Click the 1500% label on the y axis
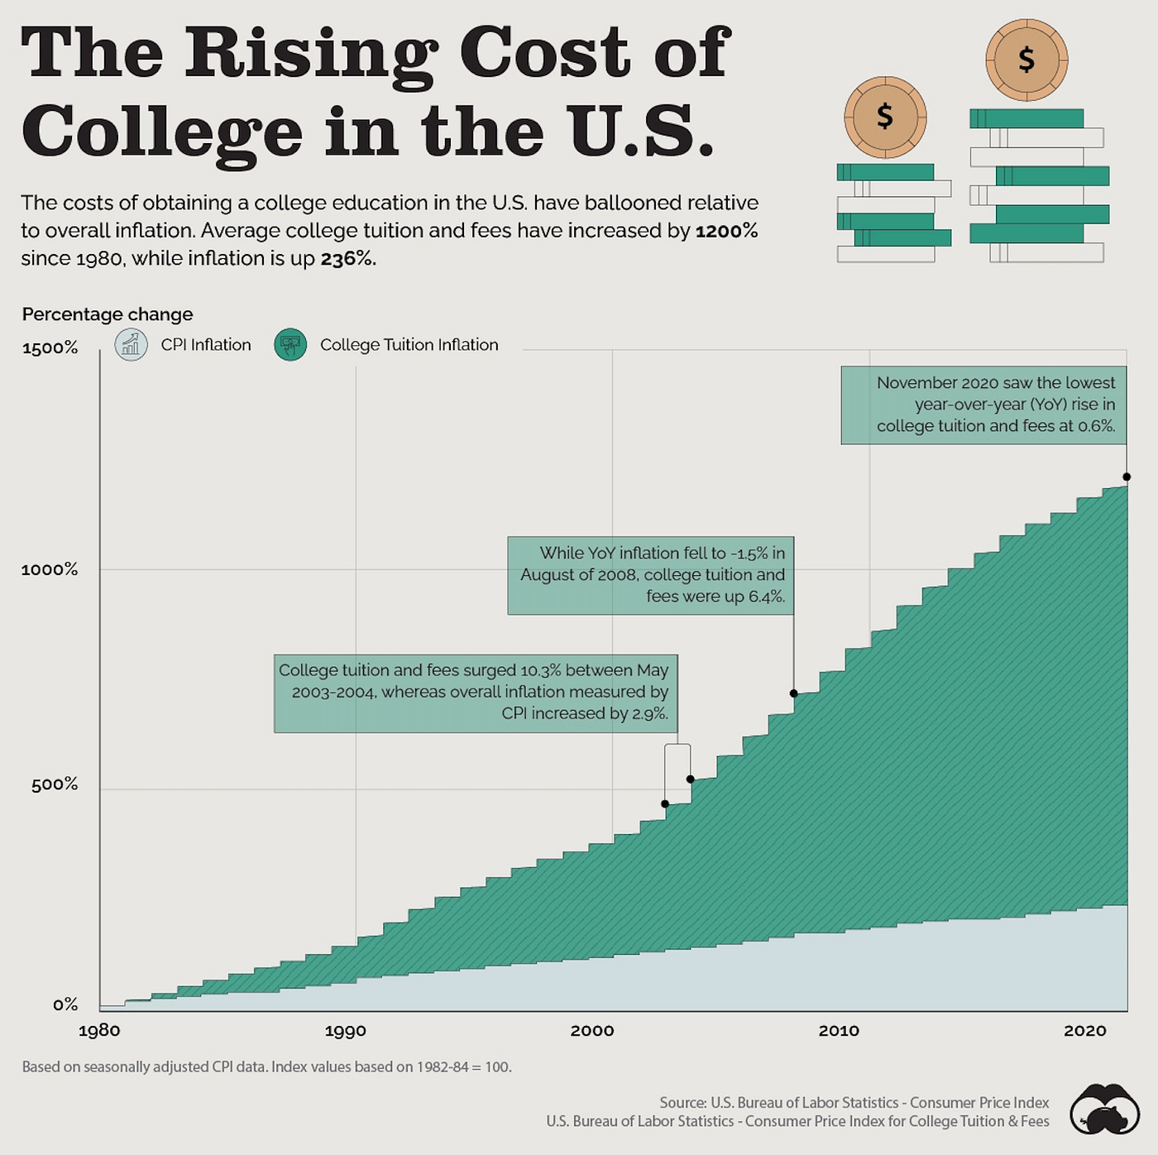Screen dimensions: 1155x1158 pyautogui.click(x=50, y=348)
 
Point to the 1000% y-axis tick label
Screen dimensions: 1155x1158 pyautogui.click(x=50, y=570)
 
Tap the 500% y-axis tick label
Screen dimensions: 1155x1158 pyautogui.click(x=55, y=784)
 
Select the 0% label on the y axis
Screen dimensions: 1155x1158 pyautogui.click(x=65, y=1004)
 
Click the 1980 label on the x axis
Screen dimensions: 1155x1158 pyautogui.click(x=99, y=1031)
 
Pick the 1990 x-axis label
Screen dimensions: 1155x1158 pyautogui.click(x=345, y=1031)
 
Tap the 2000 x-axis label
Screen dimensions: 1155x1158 pyautogui.click(x=592, y=1031)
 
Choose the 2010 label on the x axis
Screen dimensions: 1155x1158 pyautogui.click(x=839, y=1031)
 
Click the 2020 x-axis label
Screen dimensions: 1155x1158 pyautogui.click(x=1084, y=1031)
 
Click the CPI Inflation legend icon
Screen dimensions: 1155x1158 pyautogui.click(x=131, y=344)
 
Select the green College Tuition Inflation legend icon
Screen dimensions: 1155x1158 pyautogui.click(x=290, y=344)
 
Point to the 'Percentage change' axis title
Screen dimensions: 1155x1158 pyautogui.click(x=108, y=314)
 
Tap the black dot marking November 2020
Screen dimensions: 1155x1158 pyautogui.click(x=1127, y=477)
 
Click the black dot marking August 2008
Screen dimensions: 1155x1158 pyautogui.click(x=794, y=693)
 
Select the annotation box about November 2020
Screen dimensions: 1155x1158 pyautogui.click(x=983, y=405)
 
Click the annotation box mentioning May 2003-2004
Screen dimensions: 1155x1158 pyautogui.click(x=476, y=693)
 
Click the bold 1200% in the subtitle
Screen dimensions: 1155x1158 pyautogui.click(x=726, y=231)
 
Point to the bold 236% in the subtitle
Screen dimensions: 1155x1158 pyautogui.click(x=347, y=259)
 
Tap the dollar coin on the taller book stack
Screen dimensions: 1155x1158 pyautogui.click(x=1026, y=60)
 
